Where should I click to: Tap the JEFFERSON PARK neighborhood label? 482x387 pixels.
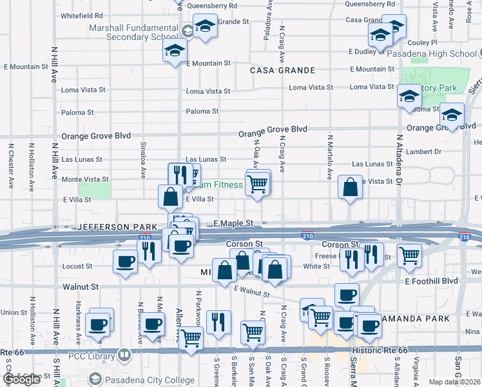tap(117, 228)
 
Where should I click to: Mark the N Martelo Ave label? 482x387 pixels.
tap(329, 157)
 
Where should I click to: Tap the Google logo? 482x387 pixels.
tap(21, 380)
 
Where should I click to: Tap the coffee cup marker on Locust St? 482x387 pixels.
tap(125, 262)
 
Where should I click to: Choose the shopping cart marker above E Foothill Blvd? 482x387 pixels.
tap(409, 256)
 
